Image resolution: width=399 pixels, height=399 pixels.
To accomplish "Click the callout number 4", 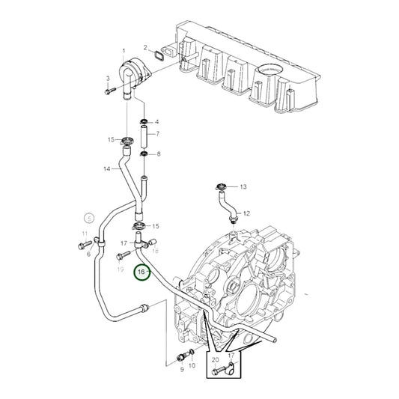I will pyautogui.click(x=157, y=121).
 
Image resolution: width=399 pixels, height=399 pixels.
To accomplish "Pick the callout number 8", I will pyautogui.click(x=157, y=154).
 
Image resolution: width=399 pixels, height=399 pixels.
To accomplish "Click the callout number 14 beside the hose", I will pyautogui.click(x=107, y=169).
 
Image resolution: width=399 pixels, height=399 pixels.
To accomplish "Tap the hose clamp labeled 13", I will pyautogui.click(x=221, y=186).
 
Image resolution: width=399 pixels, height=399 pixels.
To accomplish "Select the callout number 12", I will pyautogui.click(x=247, y=213).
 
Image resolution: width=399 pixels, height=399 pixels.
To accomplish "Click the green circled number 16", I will pyautogui.click(x=141, y=273).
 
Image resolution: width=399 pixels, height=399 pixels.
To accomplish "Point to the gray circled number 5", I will pyautogui.click(x=88, y=219).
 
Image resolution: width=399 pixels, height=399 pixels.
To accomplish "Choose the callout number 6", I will pyautogui.click(x=88, y=255).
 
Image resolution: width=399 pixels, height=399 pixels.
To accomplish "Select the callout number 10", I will pyautogui.click(x=192, y=365).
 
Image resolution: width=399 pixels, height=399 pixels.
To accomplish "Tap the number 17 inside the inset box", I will pyautogui.click(x=231, y=356).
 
